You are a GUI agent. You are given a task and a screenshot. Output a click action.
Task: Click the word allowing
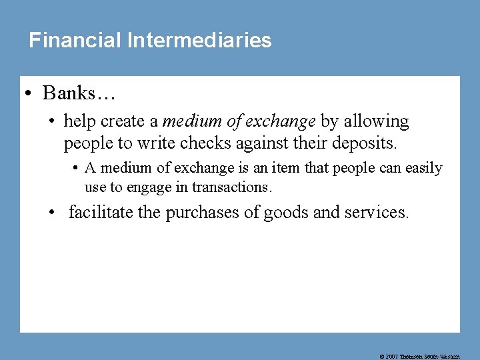tap(376, 121)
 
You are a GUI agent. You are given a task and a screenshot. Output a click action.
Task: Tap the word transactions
tap(232, 187)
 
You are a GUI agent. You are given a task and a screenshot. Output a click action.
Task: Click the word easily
tap(424, 168)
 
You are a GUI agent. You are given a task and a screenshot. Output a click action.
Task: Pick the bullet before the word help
tap(51, 122)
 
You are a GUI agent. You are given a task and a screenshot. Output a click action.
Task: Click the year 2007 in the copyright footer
tap(393, 357)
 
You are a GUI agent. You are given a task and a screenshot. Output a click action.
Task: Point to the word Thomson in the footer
tap(413, 357)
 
